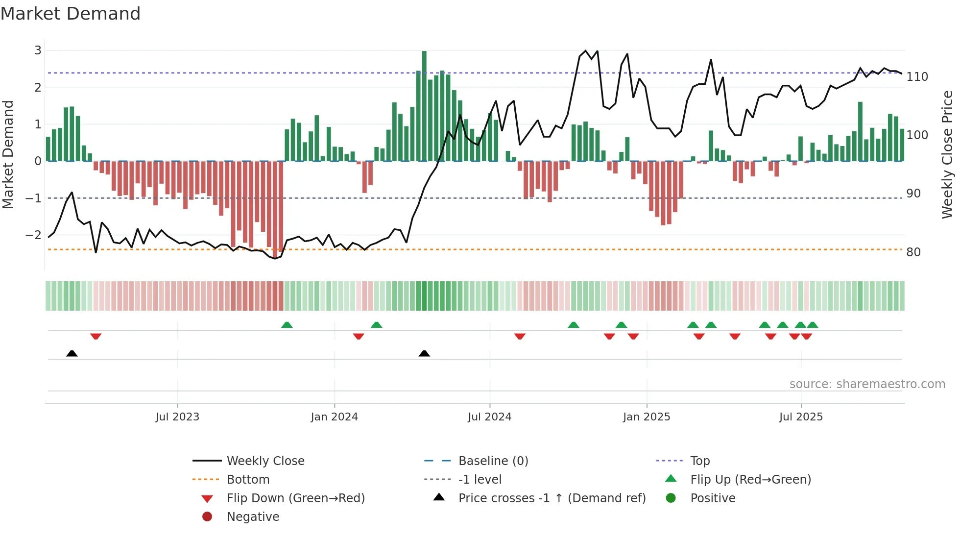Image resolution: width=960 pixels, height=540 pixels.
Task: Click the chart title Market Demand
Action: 71,14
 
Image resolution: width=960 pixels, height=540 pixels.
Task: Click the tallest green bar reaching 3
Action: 424,105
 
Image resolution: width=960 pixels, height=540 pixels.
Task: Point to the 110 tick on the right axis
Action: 917,77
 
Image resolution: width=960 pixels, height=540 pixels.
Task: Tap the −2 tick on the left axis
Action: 33,235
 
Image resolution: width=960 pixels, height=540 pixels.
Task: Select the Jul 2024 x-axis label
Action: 489,417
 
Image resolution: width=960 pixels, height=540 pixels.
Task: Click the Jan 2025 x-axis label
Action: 646,417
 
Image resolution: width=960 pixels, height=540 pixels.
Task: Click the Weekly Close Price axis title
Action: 947,154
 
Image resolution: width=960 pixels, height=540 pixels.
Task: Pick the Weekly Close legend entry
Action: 265,461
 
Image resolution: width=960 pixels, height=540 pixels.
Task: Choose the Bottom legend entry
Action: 248,480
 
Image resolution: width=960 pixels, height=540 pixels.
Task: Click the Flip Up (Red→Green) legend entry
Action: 750,480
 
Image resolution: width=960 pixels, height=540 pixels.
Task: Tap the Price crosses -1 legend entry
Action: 552,498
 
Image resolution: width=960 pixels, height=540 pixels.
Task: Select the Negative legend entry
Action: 253,517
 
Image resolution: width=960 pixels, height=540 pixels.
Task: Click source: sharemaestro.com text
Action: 867,384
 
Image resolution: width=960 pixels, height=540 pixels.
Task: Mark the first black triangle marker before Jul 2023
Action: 72,353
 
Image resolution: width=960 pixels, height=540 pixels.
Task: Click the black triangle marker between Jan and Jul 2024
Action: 424,353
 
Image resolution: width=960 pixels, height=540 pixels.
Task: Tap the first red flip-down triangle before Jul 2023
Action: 96,336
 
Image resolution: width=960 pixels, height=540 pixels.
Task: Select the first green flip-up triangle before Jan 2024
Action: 287,325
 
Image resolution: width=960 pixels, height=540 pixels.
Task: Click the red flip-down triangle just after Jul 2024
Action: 520,336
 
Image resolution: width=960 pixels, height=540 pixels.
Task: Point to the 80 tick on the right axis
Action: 913,252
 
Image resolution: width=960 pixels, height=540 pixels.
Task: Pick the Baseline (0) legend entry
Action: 493,461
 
